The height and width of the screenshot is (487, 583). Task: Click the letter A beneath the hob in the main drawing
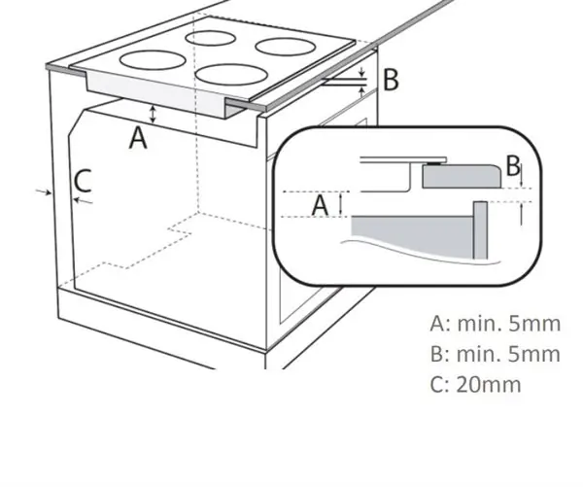138,138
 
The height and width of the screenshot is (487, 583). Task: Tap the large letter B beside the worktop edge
391,80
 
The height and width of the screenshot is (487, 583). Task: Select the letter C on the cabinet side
83,181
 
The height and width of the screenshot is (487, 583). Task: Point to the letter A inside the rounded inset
320,206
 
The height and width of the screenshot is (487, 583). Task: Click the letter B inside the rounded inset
513,166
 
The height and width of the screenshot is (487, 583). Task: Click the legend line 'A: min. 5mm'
495,324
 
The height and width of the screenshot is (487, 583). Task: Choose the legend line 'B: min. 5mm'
495,354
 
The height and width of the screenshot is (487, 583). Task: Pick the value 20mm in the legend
488,384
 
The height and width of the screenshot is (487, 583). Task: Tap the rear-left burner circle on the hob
211,39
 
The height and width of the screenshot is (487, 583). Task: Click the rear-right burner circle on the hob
285,46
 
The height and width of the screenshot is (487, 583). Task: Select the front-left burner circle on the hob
153,60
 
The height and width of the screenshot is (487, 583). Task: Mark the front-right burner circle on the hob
231,74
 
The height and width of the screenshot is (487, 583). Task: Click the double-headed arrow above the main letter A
153,114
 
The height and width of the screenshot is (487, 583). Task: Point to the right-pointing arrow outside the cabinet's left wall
44,191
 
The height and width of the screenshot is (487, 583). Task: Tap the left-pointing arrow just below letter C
83,201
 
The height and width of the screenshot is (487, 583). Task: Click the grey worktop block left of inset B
462,176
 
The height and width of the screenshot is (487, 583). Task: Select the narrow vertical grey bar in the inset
480,229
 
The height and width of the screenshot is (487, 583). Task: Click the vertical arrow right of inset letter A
341,203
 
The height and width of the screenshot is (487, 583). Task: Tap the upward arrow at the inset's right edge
521,214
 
